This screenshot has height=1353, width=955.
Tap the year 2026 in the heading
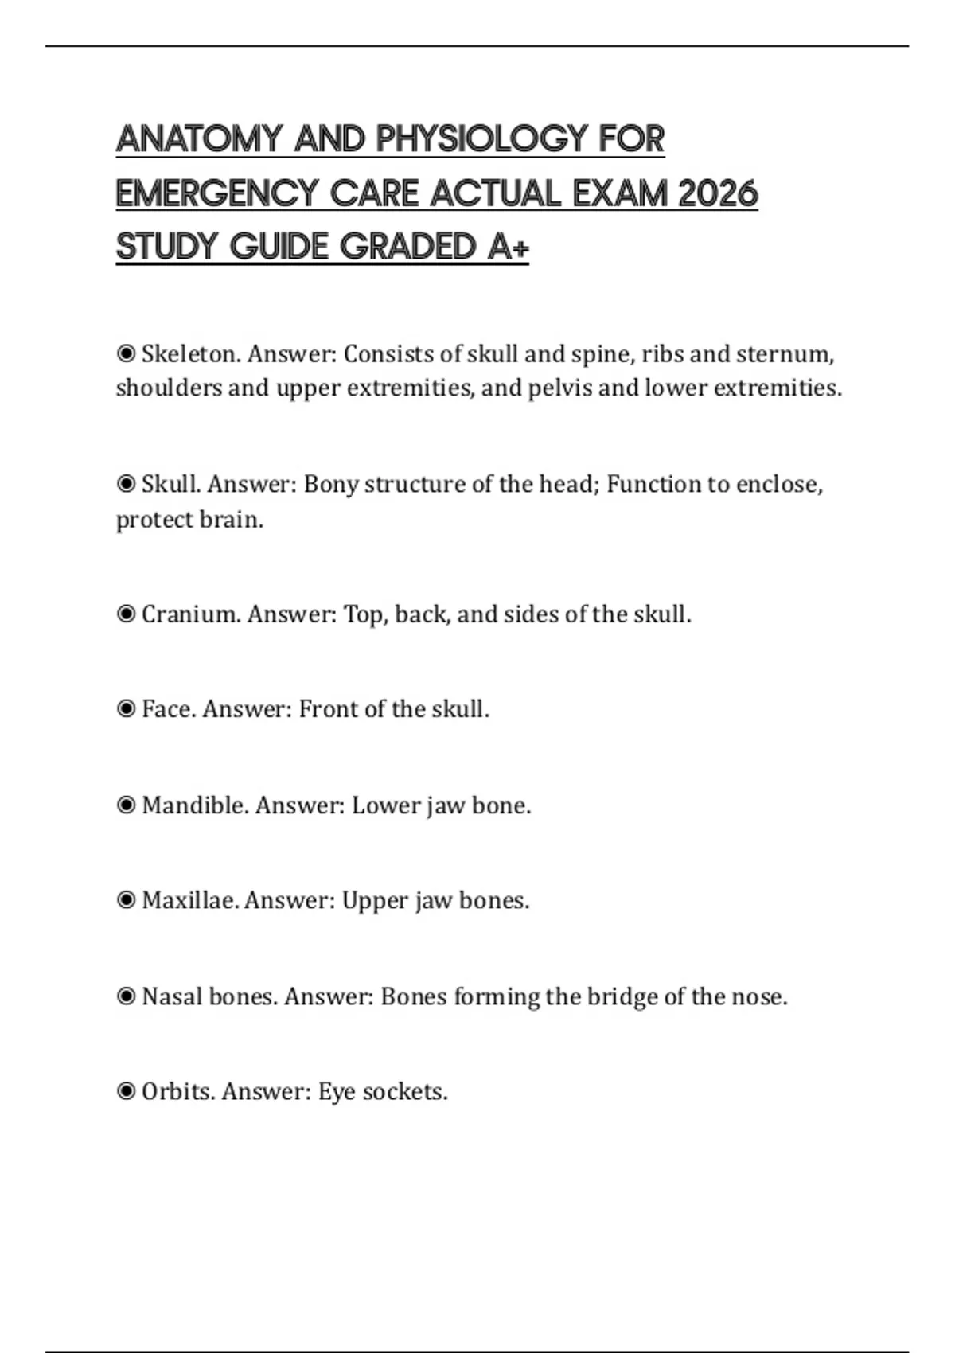tap(718, 193)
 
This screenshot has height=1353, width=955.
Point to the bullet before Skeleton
tap(126, 353)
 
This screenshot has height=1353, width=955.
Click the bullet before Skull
tap(126, 484)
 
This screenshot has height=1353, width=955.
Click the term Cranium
tap(191, 614)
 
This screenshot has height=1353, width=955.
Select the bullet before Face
tap(126, 708)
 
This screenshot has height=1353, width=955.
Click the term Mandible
tap(195, 805)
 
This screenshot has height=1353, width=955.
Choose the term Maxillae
tap(190, 900)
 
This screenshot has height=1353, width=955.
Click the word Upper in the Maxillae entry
tap(374, 900)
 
